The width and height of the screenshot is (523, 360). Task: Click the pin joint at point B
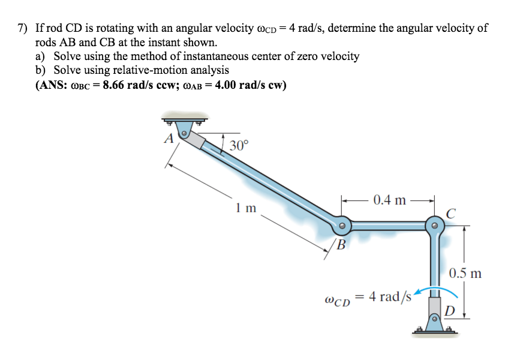(x=341, y=226)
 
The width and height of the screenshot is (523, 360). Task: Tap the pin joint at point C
(x=434, y=226)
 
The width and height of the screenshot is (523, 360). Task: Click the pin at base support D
(x=434, y=318)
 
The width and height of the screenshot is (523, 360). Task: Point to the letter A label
(x=169, y=139)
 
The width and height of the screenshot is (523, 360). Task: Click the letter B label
(x=341, y=244)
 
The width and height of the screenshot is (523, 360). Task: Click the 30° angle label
(x=238, y=145)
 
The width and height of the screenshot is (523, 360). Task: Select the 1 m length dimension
(x=246, y=208)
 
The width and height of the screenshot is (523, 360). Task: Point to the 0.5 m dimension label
(x=465, y=274)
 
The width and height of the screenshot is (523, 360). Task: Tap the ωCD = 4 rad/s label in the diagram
(x=367, y=297)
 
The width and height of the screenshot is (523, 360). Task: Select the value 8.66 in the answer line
(x=119, y=85)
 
